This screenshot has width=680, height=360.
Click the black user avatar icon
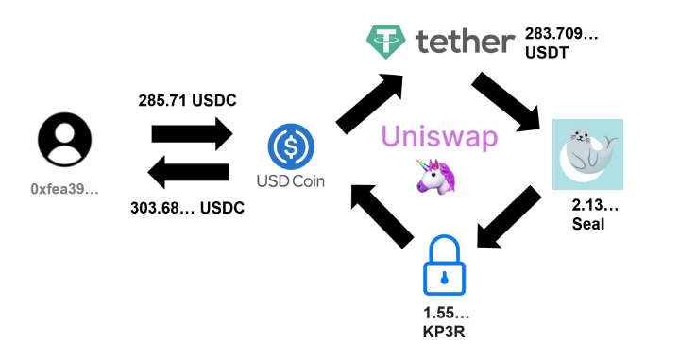pos(65,143)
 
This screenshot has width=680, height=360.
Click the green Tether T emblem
pos(385,40)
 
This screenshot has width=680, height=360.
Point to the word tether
pos(463,40)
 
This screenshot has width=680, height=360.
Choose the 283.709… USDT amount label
pos(562,44)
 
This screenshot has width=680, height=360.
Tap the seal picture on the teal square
pos(586,154)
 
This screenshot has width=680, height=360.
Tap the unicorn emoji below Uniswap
pos(431,177)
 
